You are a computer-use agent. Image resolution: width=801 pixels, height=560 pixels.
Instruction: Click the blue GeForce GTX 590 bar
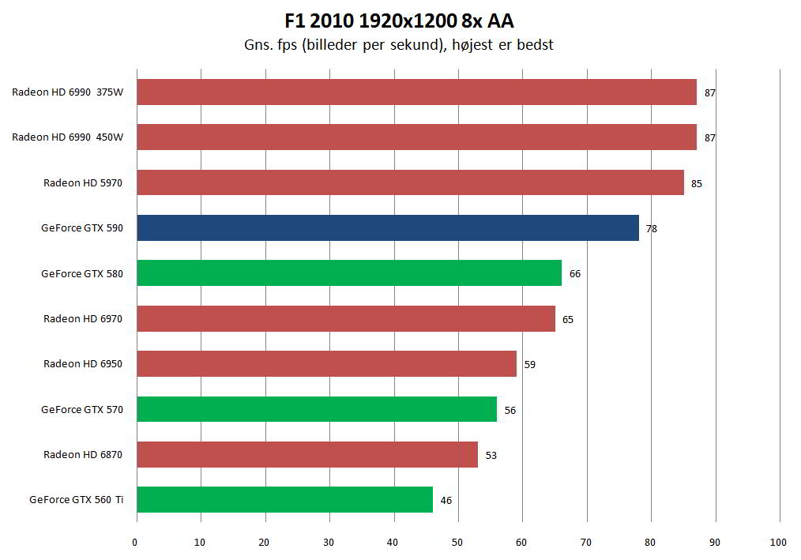click(387, 228)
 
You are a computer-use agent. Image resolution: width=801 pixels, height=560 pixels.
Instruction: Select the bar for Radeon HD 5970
click(410, 182)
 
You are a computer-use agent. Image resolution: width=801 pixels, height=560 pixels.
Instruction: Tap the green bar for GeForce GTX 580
click(349, 273)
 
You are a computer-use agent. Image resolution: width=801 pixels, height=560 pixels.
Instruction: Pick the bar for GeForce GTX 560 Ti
click(284, 499)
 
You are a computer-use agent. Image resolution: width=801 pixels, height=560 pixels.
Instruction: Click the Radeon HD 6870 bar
click(307, 454)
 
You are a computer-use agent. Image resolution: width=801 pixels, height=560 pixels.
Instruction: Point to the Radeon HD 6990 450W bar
click(416, 137)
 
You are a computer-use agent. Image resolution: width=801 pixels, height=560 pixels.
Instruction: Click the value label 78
click(651, 229)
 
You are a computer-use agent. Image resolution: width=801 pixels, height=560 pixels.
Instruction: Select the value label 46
click(446, 500)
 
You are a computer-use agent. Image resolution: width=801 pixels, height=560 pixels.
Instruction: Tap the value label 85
click(696, 184)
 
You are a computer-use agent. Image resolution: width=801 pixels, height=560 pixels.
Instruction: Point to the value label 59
click(529, 365)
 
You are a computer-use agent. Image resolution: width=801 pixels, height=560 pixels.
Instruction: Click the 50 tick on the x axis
click(457, 543)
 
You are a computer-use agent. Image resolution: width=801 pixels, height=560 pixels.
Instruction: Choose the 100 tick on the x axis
click(778, 543)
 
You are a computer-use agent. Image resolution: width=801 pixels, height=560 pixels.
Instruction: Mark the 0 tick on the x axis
click(136, 543)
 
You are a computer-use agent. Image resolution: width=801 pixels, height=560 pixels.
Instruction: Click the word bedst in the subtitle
click(537, 45)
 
